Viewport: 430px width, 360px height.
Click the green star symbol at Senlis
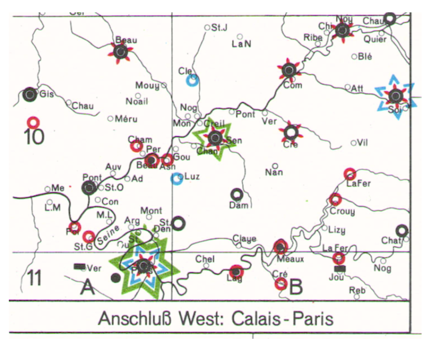(215, 138)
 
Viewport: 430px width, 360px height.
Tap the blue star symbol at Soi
(395, 96)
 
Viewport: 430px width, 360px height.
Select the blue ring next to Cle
(192, 80)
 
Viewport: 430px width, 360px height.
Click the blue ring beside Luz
(177, 178)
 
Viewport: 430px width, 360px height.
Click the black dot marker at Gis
(29, 94)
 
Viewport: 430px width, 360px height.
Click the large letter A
(87, 286)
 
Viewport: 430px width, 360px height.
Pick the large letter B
(296, 287)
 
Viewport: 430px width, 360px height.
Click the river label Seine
(108, 235)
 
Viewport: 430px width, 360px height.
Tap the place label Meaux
(290, 259)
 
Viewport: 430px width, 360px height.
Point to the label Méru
(126, 119)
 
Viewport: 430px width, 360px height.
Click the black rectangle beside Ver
(79, 266)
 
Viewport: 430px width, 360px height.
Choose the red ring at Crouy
(335, 199)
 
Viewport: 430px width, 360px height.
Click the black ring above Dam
(237, 194)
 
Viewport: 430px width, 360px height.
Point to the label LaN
(241, 44)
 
